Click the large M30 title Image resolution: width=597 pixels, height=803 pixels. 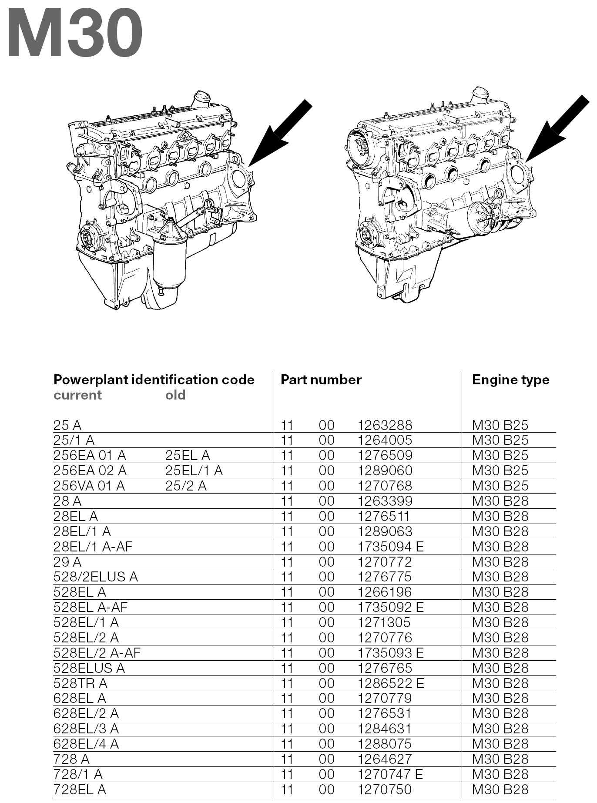click(x=75, y=34)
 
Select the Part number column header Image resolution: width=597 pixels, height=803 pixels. click(x=321, y=380)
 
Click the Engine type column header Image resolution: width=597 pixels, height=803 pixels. click(x=510, y=380)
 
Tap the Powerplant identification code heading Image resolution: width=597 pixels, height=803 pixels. click(x=154, y=380)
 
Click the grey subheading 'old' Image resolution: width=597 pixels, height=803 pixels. click(x=175, y=395)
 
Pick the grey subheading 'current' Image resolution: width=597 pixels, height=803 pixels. click(x=77, y=395)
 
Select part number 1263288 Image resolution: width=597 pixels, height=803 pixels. click(x=385, y=425)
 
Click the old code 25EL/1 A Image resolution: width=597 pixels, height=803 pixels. click(x=194, y=470)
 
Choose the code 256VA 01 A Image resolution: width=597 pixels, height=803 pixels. click(x=89, y=486)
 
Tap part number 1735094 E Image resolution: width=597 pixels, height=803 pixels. click(x=390, y=547)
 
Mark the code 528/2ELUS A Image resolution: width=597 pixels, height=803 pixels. click(x=95, y=577)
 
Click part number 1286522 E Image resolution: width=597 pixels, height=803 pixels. click(x=390, y=683)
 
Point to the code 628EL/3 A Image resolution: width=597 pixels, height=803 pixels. click(x=86, y=729)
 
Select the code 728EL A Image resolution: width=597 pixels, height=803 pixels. click(x=80, y=790)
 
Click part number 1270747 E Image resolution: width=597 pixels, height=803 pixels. click(x=390, y=774)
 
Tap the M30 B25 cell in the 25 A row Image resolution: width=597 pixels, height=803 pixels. click(x=500, y=425)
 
